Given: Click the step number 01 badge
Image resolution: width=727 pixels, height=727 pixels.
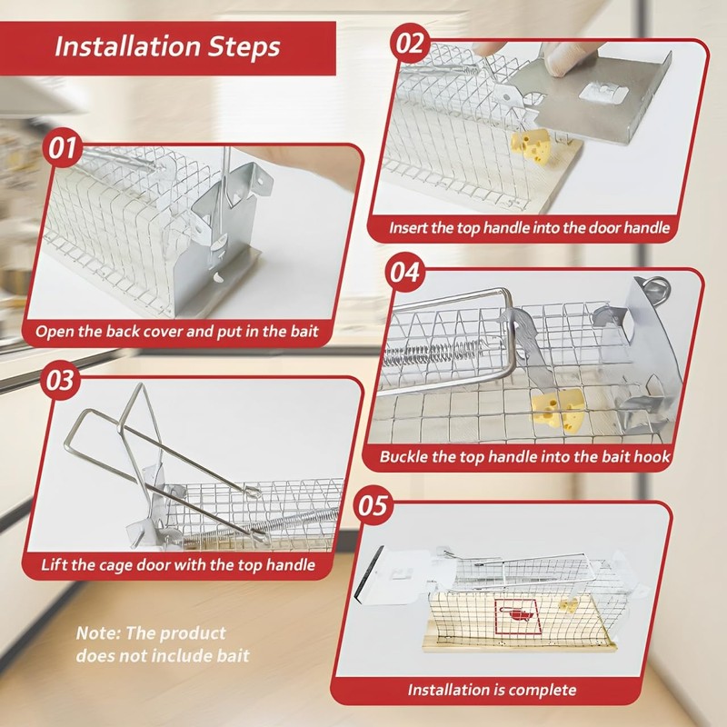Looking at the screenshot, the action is click(62, 149).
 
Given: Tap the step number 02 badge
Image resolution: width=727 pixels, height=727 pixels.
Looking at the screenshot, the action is click(410, 44).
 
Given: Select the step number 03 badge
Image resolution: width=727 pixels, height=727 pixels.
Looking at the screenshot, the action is click(60, 380).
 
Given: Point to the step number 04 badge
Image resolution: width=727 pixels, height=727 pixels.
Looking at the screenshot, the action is click(404, 272).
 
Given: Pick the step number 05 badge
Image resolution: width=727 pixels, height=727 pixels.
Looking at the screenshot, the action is click(373, 505).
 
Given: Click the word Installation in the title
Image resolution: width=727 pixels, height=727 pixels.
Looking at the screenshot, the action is click(127, 46).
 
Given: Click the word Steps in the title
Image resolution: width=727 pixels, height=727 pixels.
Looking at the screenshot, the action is click(244, 48).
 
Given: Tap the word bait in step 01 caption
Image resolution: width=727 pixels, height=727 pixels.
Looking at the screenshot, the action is click(304, 332).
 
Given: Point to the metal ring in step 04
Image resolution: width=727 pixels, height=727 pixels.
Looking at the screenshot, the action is click(653, 286).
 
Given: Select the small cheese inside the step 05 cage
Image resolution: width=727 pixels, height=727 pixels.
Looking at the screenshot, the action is click(569, 606).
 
